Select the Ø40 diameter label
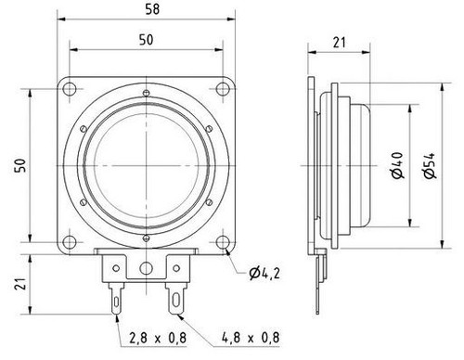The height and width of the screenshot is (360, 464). pos(397,165)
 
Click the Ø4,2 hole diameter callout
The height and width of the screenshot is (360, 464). pos(265,273)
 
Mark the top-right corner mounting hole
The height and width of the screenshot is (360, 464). pos(223,88)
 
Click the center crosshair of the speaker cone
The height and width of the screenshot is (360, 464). pos(147,165)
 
